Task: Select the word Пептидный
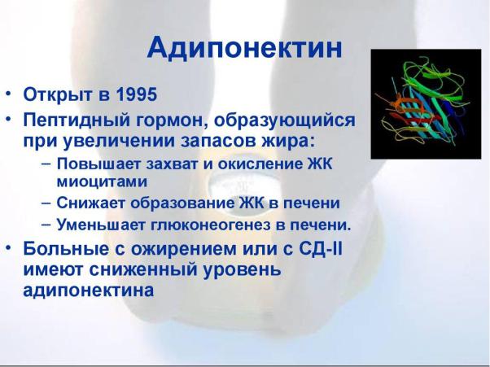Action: pos(77,120)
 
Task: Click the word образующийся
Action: pos(285,120)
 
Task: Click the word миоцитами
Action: pos(102,181)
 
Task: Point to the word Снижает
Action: pos(91,203)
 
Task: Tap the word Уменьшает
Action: pos(101,225)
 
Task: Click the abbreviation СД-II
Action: pos(321,249)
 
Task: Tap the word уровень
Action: pos(243,269)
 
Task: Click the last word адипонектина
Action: pos(89,291)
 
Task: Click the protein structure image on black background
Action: pos(426,104)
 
